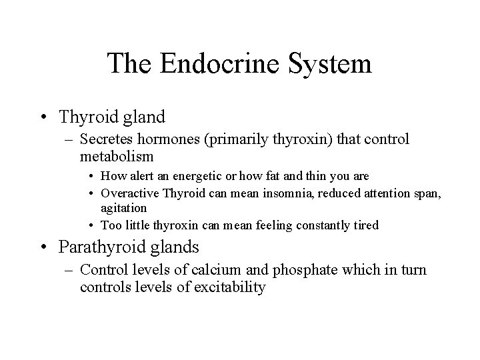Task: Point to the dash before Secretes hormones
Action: (71, 141)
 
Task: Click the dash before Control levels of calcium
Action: (71, 271)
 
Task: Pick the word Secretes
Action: (106, 140)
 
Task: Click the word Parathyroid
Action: (102, 247)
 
